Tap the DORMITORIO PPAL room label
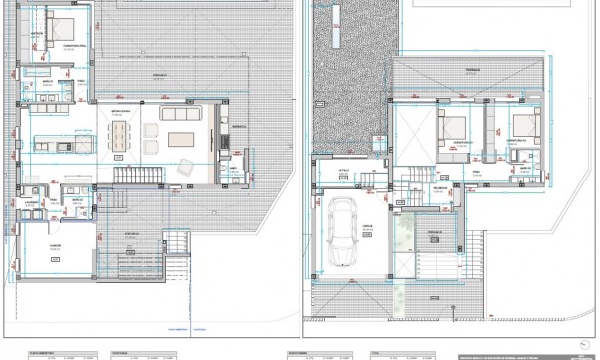point(77,44)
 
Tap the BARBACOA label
point(238,126)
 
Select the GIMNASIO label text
point(57,243)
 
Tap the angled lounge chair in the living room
point(184,169)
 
